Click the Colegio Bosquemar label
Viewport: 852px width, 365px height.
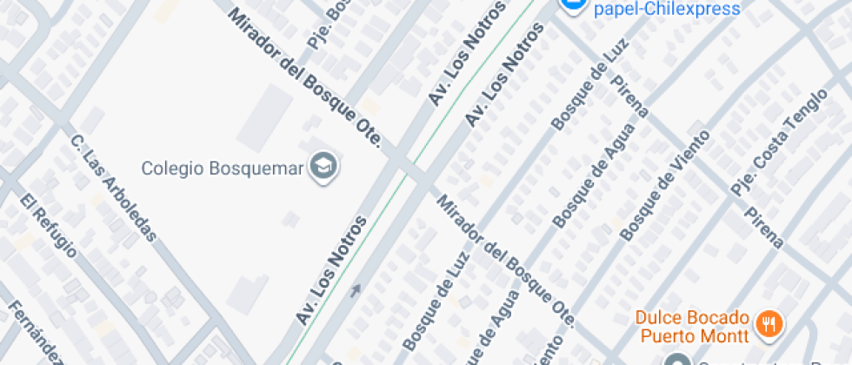(223, 167)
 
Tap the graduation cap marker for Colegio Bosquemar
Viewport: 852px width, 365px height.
(325, 166)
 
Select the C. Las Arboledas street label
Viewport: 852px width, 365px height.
(114, 187)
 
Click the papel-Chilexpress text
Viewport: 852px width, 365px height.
(667, 9)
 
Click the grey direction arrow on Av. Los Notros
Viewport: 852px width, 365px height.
(355, 290)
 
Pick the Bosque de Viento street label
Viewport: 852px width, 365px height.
(665, 185)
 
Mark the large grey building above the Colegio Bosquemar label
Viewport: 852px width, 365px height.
(265, 117)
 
